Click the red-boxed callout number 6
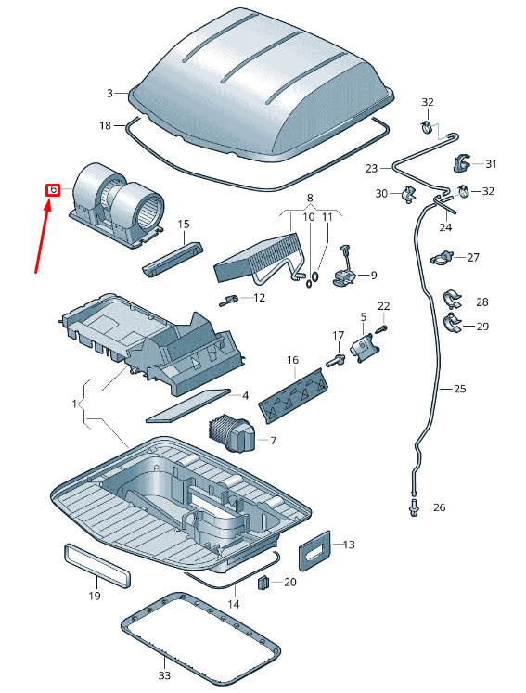click(53, 190)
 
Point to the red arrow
click(43, 236)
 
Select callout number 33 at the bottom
click(164, 675)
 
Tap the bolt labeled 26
click(414, 507)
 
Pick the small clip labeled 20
click(263, 583)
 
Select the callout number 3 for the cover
click(109, 94)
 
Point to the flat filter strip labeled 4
click(188, 405)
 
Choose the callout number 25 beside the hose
click(460, 389)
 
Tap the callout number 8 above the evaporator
click(310, 198)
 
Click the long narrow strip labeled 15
click(173, 259)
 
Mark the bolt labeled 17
click(336, 360)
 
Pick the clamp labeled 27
click(442, 257)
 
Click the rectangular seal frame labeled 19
click(97, 566)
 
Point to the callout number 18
click(105, 125)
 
